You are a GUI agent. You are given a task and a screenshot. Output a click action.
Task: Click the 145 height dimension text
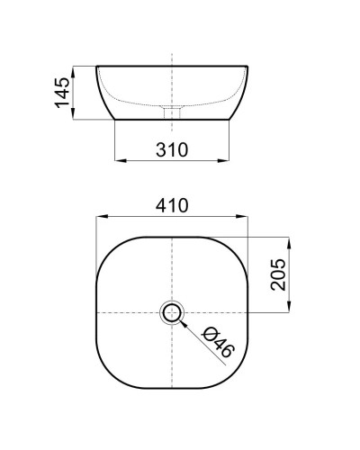click(x=61, y=92)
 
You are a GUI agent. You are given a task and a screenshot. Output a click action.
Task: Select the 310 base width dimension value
click(x=172, y=149)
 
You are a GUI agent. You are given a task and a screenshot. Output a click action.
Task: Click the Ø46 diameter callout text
click(x=218, y=342)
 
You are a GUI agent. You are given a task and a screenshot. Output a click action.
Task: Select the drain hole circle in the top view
click(x=172, y=312)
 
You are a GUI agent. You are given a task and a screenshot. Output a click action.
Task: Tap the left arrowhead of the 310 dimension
click(x=119, y=162)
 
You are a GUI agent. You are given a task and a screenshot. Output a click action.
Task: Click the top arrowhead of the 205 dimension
click(x=289, y=239)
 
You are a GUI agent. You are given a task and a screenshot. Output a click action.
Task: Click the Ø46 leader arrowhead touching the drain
click(x=183, y=322)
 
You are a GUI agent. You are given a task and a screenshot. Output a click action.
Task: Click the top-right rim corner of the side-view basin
click(x=248, y=66)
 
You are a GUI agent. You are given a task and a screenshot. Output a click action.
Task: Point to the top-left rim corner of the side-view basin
click(x=95, y=66)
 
